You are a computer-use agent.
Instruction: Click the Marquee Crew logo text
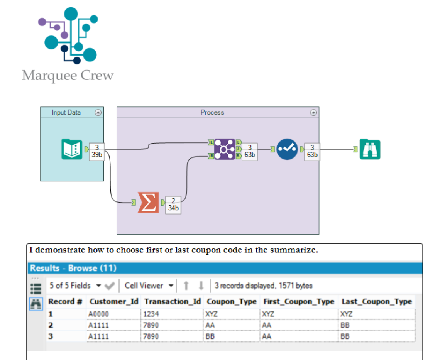(68, 75)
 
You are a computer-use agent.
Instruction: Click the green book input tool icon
(72, 149)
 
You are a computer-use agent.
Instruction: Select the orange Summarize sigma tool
(148, 202)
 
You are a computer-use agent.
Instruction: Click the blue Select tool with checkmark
(287, 149)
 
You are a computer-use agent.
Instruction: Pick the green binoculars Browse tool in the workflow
(370, 149)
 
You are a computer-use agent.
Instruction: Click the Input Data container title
(66, 113)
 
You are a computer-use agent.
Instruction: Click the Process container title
(212, 113)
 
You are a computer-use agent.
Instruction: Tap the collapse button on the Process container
(313, 113)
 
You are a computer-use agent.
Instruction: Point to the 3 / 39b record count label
(97, 151)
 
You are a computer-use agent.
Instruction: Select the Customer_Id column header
(114, 302)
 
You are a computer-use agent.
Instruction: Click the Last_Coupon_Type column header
(377, 302)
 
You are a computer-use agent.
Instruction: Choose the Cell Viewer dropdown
(149, 286)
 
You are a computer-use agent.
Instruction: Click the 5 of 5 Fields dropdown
(75, 286)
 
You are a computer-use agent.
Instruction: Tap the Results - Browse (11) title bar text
(73, 268)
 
